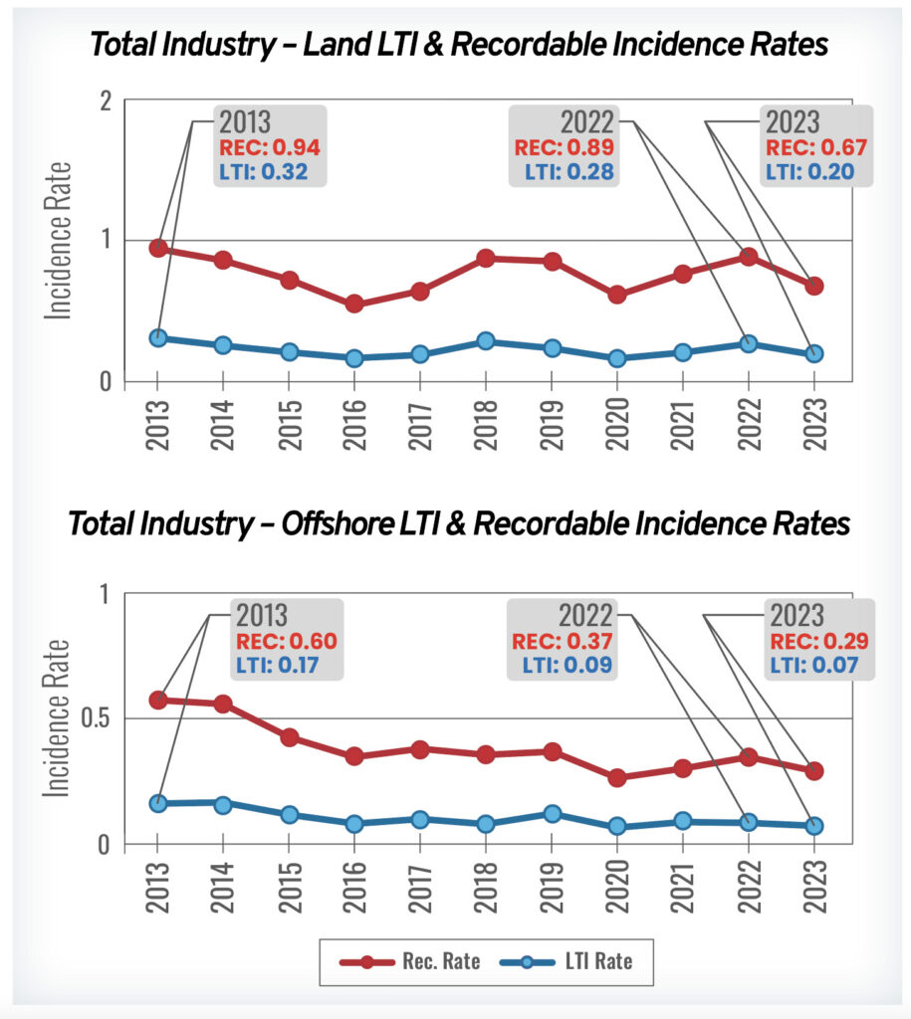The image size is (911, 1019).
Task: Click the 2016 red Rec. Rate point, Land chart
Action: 353,304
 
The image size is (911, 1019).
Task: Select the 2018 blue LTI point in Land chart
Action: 485,341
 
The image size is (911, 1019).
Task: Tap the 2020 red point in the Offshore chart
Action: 616,777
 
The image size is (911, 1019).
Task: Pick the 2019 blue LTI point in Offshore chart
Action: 551,814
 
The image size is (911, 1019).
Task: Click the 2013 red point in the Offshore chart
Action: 156,700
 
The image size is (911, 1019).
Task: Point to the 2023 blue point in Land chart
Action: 813,353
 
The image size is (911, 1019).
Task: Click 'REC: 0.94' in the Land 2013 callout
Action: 270,148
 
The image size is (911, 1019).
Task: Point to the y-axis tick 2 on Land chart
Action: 129,100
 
